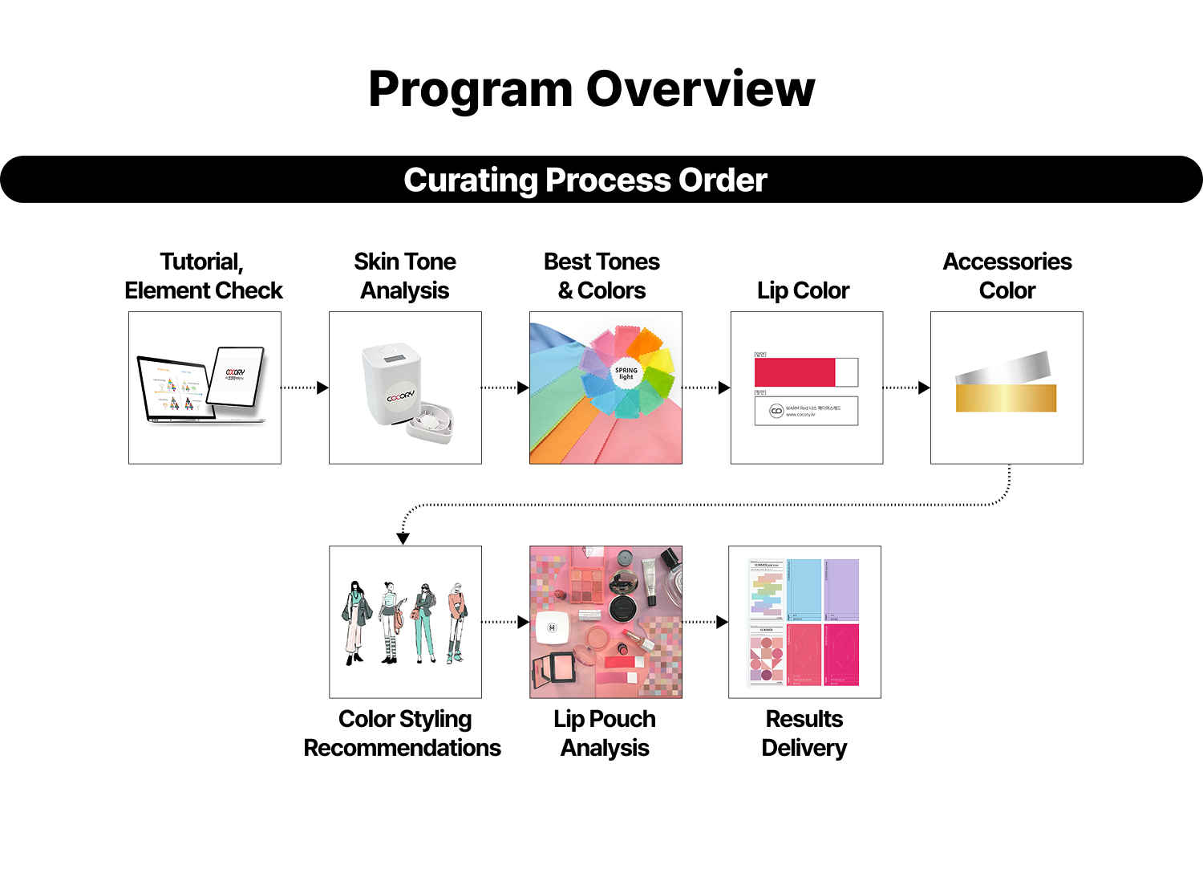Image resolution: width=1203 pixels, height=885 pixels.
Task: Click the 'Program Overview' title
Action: tap(591, 89)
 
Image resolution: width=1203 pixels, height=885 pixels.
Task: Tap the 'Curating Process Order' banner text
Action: tap(585, 180)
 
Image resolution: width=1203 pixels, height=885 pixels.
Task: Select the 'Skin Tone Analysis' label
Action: tap(405, 276)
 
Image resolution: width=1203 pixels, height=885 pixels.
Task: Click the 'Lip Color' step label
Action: tap(803, 290)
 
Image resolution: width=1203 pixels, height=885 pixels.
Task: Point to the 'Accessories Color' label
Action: tap(1007, 276)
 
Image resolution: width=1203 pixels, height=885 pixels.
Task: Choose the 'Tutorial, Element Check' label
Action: tap(204, 276)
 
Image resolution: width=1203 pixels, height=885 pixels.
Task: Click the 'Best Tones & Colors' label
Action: tap(601, 276)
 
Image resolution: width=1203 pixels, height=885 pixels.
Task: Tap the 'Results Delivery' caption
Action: tap(804, 733)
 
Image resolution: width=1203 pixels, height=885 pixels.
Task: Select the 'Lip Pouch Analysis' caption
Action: tap(605, 733)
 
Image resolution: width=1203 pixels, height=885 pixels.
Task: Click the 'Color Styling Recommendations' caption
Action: tap(403, 733)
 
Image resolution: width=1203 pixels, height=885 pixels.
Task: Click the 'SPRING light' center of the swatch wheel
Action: tap(626, 374)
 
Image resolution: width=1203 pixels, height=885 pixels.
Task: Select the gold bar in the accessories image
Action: tap(1006, 398)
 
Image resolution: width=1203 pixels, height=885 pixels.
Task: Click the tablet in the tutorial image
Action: tap(237, 376)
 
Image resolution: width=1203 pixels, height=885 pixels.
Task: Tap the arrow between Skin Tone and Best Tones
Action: tap(505, 388)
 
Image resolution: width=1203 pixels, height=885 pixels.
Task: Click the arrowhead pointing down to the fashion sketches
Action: tap(403, 538)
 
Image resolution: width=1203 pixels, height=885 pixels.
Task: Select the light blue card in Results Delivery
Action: tap(804, 590)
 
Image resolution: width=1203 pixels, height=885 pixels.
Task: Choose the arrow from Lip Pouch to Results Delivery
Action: tap(705, 622)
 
